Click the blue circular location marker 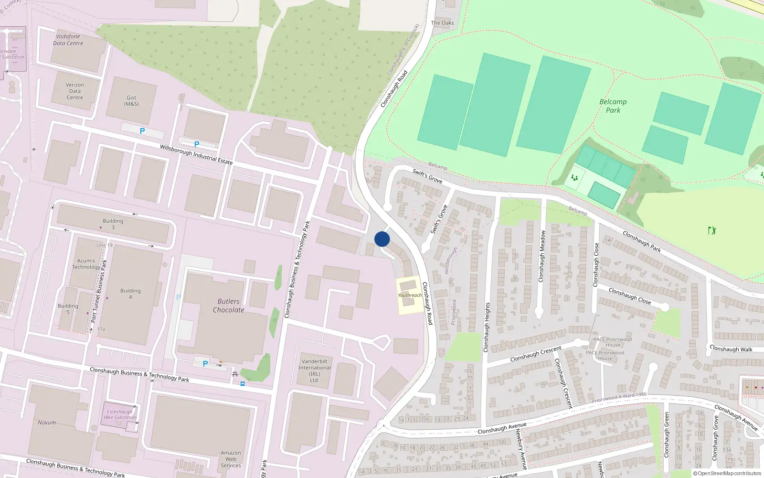[382, 239]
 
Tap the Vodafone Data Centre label [68, 40]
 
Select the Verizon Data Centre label [74, 91]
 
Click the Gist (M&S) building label [131, 100]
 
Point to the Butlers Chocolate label [228, 305]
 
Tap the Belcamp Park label [613, 106]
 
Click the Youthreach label [410, 295]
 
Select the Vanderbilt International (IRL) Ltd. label [314, 370]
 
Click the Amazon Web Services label [231, 459]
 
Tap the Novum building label [47, 423]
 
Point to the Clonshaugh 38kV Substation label [120, 414]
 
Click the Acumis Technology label [86, 264]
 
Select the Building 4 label [130, 293]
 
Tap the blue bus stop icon [243, 384]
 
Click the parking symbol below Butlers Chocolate [205, 364]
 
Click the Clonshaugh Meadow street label [541, 256]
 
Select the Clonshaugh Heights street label [487, 327]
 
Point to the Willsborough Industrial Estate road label [196, 154]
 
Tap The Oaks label [442, 23]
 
